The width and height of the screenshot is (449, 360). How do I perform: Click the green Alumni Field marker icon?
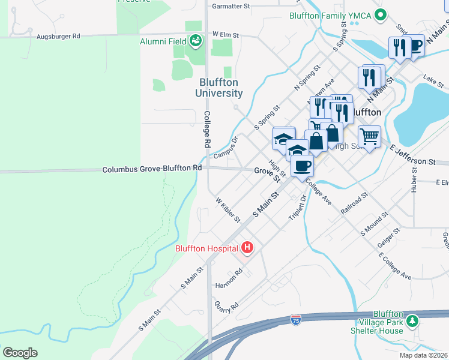pos(195,41)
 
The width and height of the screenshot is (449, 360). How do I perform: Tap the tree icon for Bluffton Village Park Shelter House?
pos(412,322)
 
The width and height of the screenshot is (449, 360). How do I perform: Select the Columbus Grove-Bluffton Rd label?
pos(151,169)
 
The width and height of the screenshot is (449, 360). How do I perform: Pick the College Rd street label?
pos(206,130)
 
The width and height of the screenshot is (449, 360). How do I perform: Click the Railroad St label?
pos(355,203)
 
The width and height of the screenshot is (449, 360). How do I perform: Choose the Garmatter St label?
pos(231,6)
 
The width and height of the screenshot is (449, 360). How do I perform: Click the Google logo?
pos(20,353)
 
